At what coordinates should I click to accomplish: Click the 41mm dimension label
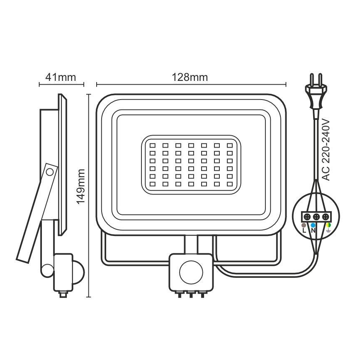(x=61, y=78)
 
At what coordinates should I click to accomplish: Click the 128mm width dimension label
(x=190, y=78)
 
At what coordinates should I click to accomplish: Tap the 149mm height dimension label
(x=81, y=187)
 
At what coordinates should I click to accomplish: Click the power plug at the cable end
(x=316, y=96)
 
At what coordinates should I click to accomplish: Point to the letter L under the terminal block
(x=304, y=230)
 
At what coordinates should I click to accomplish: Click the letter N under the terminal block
(x=313, y=230)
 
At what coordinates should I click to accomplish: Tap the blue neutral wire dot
(x=313, y=225)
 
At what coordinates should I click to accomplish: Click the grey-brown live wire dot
(x=304, y=225)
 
